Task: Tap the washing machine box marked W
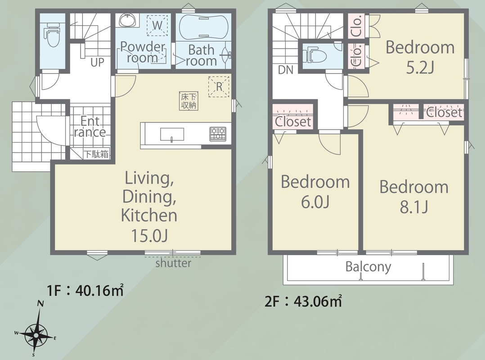tap(157, 25)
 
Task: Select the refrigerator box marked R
tap(219, 86)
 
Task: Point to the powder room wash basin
tap(127, 20)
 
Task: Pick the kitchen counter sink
tap(172, 135)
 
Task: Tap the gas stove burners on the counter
tap(218, 134)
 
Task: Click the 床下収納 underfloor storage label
tap(189, 100)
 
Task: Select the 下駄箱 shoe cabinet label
tap(97, 154)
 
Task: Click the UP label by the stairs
tap(98, 63)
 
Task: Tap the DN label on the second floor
tap(286, 70)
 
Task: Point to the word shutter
tap(173, 263)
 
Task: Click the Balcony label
tap(368, 267)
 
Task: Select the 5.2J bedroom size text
tap(420, 68)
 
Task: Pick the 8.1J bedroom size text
tap(414, 207)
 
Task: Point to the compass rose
tap(36, 335)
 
